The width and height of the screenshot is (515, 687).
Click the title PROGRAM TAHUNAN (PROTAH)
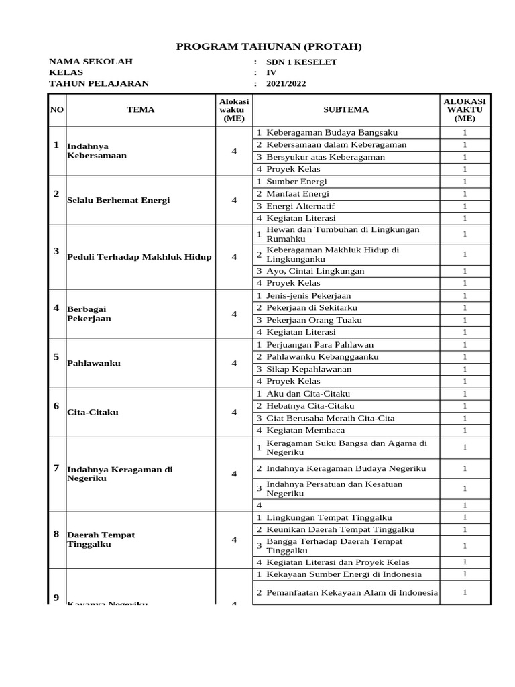tap(268, 46)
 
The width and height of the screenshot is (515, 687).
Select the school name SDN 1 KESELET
tap(302, 62)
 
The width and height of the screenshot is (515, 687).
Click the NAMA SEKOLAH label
tap(91, 62)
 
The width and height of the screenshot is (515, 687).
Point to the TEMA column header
tap(141, 110)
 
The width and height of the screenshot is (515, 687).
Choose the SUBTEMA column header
tap(346, 110)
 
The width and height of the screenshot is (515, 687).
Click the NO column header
tap(57, 110)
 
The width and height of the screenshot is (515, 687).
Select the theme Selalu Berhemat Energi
tap(118, 200)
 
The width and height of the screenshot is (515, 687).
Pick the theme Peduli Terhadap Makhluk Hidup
tap(139, 257)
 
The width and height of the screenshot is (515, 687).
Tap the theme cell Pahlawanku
tap(94, 363)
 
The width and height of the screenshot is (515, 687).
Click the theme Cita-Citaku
tap(93, 412)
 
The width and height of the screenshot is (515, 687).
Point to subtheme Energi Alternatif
tap(300, 206)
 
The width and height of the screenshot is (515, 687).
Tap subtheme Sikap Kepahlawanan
tap(308, 369)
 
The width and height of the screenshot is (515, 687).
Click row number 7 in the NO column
tap(56, 468)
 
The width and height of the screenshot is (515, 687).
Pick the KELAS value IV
tap(272, 73)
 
